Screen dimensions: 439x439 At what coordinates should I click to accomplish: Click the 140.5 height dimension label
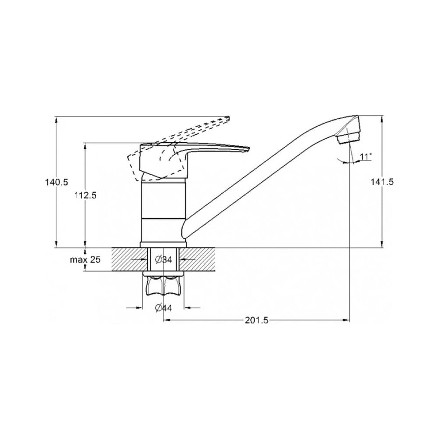(x=57, y=182)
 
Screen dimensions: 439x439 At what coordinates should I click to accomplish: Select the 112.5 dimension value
(x=86, y=195)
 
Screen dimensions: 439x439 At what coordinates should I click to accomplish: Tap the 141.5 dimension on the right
(x=382, y=182)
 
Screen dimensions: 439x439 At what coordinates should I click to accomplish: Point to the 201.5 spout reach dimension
(x=256, y=320)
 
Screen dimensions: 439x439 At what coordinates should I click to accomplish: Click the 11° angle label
(x=366, y=157)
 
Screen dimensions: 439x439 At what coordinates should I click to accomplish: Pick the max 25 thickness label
(x=85, y=259)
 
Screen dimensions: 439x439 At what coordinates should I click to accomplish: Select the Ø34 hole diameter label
(x=163, y=260)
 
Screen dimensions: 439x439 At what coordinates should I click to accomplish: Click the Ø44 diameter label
(x=163, y=308)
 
